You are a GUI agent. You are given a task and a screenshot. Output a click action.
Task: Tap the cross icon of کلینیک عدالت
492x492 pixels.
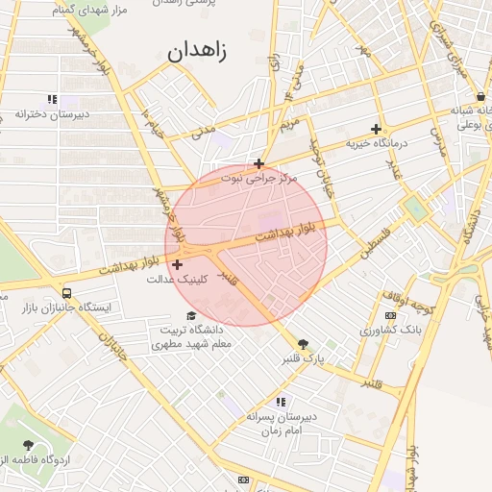point(177,264)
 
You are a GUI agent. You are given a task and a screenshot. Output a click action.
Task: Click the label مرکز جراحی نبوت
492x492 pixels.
point(259,178)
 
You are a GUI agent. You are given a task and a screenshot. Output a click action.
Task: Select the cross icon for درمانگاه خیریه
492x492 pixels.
point(376,129)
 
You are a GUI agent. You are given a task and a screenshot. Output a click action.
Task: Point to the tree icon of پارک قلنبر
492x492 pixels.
point(304,344)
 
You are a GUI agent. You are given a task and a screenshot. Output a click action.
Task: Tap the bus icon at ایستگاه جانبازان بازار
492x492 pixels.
point(66,293)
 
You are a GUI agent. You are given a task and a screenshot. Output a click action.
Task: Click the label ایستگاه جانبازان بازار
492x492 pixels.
point(66,307)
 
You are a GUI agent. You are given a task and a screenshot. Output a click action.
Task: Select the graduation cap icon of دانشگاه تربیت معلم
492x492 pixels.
point(191,316)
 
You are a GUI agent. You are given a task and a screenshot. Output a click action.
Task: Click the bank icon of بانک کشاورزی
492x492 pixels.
point(390,315)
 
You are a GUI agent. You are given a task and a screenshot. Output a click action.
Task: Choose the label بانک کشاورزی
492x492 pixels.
point(390,330)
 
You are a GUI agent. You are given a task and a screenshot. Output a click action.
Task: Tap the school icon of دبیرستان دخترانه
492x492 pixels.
point(52,99)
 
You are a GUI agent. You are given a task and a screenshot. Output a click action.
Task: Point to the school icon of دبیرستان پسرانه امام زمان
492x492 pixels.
point(281,402)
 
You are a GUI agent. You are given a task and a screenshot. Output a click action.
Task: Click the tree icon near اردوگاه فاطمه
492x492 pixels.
point(28,446)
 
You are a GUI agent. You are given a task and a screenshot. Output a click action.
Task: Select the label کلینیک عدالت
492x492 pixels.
point(174,280)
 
